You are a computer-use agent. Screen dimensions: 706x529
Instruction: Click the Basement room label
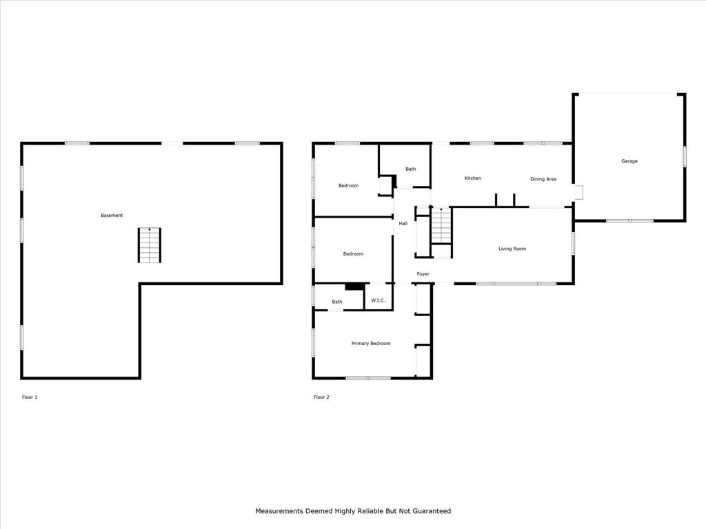pyautogui.click(x=112, y=216)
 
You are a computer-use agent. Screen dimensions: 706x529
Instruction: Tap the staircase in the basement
pyautogui.click(x=150, y=245)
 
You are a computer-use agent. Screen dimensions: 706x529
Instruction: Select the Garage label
pyautogui.click(x=629, y=161)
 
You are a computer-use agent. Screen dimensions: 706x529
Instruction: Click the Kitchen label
pyautogui.click(x=473, y=178)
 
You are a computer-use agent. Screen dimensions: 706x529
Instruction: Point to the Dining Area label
pyautogui.click(x=543, y=179)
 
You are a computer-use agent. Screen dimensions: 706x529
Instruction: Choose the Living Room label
pyautogui.click(x=512, y=249)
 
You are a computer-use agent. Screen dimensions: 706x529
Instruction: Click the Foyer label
pyautogui.click(x=423, y=274)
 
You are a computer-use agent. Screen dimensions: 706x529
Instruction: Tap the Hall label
pyautogui.click(x=403, y=224)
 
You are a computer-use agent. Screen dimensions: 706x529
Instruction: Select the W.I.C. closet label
pyautogui.click(x=379, y=300)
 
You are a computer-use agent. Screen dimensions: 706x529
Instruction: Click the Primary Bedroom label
pyautogui.click(x=371, y=344)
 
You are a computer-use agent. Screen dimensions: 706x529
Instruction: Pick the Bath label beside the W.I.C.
pyautogui.click(x=337, y=302)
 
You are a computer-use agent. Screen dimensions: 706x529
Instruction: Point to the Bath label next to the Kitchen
pyautogui.click(x=411, y=169)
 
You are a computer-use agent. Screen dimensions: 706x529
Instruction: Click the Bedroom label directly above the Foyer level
pyautogui.click(x=353, y=253)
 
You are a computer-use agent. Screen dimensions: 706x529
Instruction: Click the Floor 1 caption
pyautogui.click(x=30, y=397)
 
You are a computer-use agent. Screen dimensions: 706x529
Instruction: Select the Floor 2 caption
pyautogui.click(x=321, y=397)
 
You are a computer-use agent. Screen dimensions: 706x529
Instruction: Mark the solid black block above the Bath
pyautogui.click(x=355, y=287)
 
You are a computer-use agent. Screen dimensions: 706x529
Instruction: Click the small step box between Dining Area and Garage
pyautogui.click(x=578, y=193)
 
